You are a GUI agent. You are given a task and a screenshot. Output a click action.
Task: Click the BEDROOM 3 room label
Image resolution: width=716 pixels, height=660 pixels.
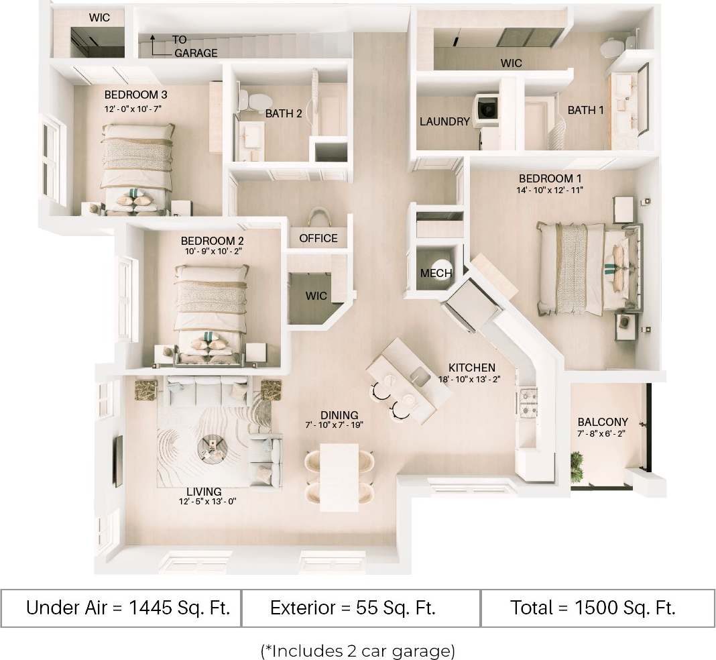pos(131,95)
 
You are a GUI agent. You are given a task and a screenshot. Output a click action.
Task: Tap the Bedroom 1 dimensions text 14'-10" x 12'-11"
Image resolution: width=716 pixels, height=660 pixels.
pos(551,190)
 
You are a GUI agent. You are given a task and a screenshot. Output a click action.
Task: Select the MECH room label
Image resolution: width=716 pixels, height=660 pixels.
pos(436,273)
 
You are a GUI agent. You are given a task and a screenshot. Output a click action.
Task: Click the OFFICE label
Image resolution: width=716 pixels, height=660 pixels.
pos(318,238)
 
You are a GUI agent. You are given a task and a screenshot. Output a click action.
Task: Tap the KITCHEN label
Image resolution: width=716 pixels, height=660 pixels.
pos(472,368)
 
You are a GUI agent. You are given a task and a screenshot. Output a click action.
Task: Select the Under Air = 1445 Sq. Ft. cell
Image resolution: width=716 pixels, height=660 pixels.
pos(128,608)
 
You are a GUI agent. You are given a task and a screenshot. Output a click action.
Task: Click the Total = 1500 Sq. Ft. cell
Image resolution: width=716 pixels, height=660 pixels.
pos(592,608)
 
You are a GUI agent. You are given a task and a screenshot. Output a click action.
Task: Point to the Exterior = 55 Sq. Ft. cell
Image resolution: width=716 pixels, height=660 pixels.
pos(353,608)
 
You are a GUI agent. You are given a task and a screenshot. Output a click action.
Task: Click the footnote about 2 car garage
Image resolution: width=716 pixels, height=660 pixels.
pos(357,650)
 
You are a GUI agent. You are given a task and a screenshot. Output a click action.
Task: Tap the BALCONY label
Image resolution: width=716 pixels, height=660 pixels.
pos(603,422)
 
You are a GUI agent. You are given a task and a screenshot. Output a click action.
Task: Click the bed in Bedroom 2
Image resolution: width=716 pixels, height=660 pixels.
pos(211,309)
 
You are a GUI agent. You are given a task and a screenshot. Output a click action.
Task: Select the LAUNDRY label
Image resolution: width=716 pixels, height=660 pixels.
pos(444,122)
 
